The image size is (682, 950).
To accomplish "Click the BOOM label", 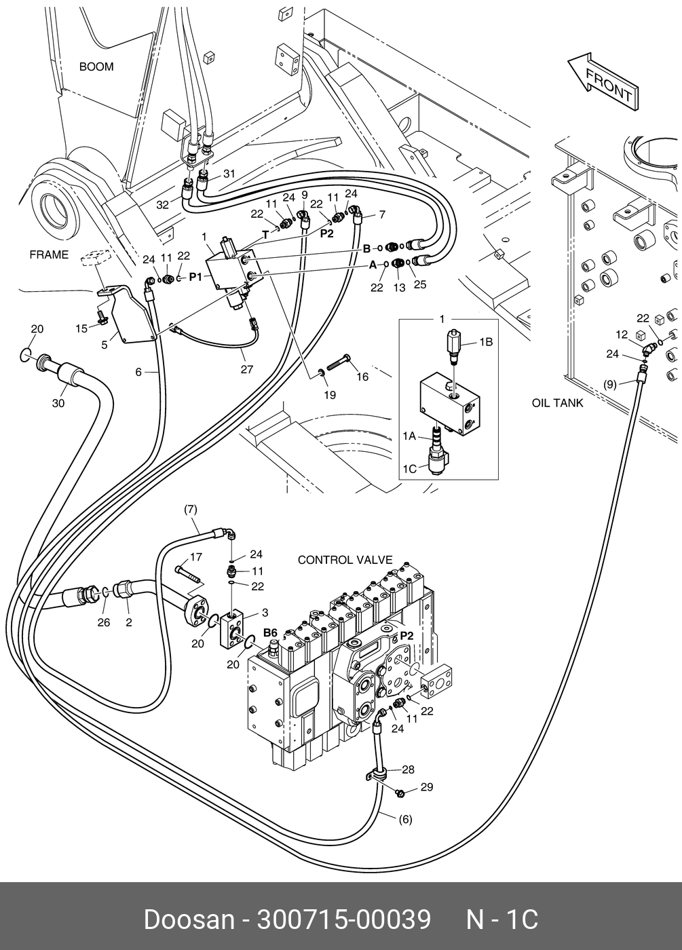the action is [96, 66].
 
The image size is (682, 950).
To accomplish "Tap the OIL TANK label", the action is [558, 403].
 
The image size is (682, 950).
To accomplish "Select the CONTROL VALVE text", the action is [345, 560].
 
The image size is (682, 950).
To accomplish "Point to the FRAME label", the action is [49, 254].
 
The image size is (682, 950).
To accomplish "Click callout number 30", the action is [58, 403].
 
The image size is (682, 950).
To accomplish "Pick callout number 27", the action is [247, 369].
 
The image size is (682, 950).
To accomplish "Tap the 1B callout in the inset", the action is [486, 342].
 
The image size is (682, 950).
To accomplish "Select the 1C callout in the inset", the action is [410, 469].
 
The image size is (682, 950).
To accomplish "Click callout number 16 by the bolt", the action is [362, 377].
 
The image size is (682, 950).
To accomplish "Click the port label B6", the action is [271, 632].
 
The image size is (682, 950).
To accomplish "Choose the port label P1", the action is [195, 278].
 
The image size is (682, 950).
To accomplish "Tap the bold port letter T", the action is [265, 235].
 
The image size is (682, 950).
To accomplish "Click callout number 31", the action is [229, 174].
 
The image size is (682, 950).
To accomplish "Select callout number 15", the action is [81, 328].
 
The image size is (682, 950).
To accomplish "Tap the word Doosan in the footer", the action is [189, 917].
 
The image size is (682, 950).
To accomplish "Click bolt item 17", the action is [191, 573].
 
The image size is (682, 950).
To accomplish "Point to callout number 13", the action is [399, 288].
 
